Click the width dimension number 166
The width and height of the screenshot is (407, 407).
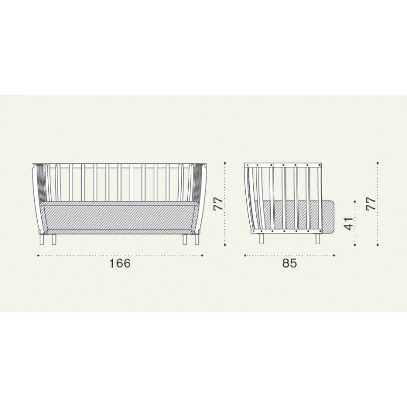click(x=120, y=264)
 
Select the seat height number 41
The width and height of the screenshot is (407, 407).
click(x=348, y=224)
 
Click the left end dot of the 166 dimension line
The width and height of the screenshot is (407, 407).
click(x=39, y=255)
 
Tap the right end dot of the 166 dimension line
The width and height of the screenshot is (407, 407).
click(x=202, y=255)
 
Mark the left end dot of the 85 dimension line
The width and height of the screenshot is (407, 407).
click(x=245, y=255)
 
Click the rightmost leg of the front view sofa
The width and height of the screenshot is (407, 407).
click(x=195, y=240)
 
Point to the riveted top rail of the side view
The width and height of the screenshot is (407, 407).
click(x=283, y=165)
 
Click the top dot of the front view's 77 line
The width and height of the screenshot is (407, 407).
click(x=225, y=163)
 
